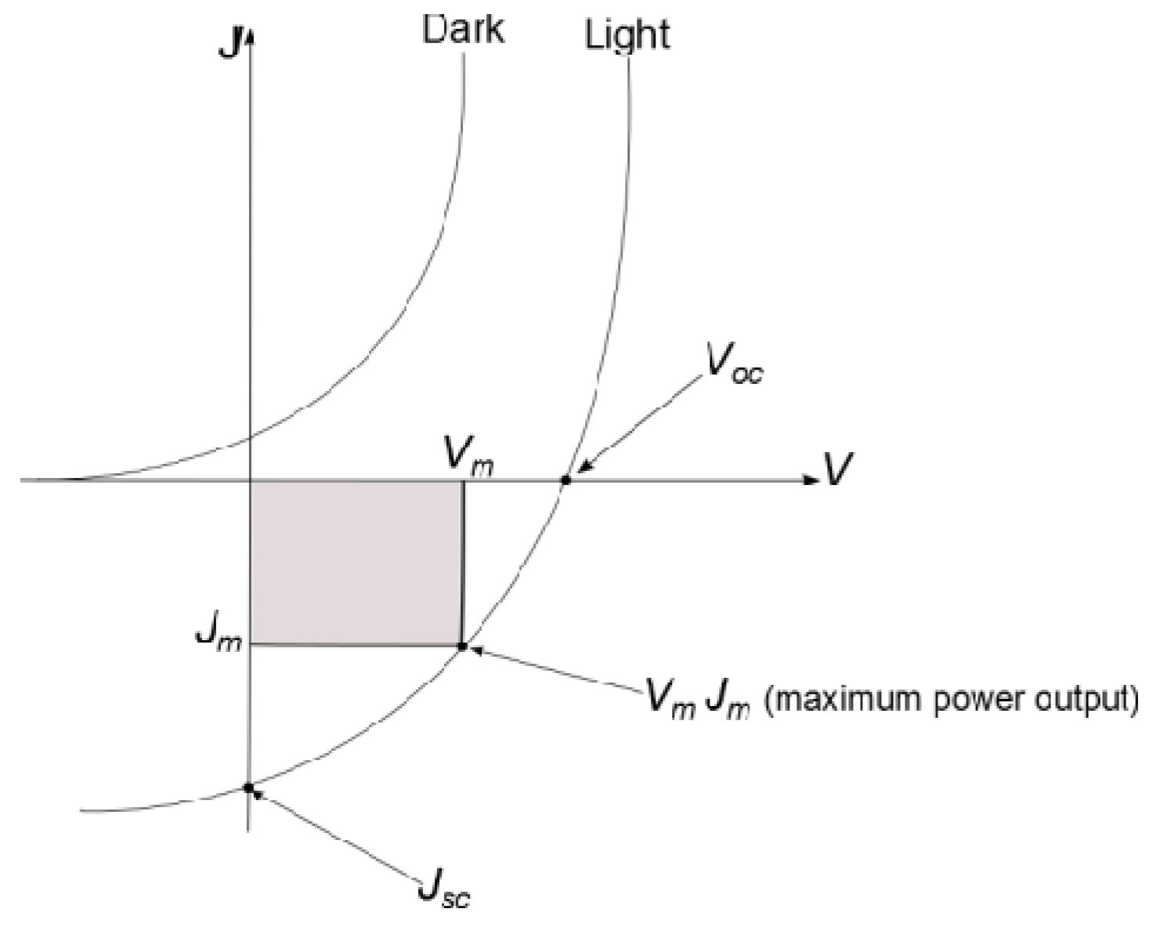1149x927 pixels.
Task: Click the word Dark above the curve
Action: tap(463, 30)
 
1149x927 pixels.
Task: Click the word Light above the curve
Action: tap(627, 35)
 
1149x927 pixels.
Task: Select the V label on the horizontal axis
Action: tap(837, 469)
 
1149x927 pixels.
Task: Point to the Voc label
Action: tap(733, 365)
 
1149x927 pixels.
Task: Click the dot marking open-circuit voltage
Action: tap(565, 479)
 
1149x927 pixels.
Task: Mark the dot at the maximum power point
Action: tap(462, 646)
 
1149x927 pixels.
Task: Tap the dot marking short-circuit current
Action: tap(248, 788)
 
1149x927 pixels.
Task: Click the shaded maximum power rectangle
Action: tap(356, 562)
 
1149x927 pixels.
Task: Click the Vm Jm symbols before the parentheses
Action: tap(697, 697)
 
